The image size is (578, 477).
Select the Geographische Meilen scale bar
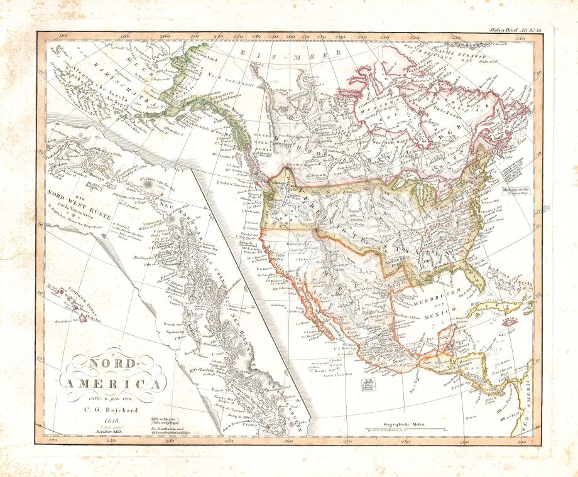click(405, 431)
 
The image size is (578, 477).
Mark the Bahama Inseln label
click(514, 284)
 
